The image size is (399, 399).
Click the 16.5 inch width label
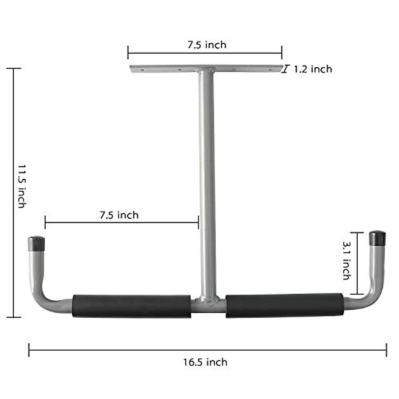tap(205, 362)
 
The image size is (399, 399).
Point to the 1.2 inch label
tap(313, 69)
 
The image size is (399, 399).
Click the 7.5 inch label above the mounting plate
tap(207, 45)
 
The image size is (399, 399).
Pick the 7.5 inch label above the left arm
tap(119, 215)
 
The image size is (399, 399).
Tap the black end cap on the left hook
tap(36, 243)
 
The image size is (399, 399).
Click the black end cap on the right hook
tap(377, 238)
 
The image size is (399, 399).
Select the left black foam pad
tap(132, 306)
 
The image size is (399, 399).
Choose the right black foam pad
tap(285, 305)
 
